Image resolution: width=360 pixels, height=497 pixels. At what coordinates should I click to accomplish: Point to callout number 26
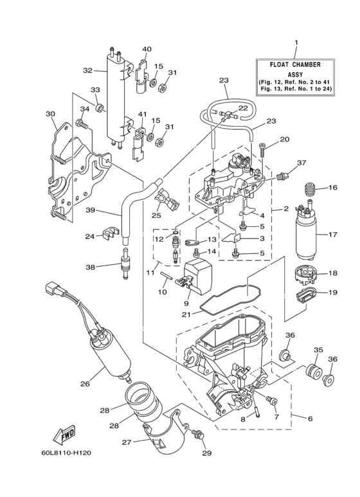coord(84,384)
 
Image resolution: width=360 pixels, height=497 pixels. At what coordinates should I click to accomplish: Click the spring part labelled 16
coord(310,190)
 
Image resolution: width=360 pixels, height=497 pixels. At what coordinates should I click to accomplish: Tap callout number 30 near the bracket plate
coord(51,114)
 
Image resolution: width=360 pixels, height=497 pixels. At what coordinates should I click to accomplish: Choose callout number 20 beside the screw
coord(283,140)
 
